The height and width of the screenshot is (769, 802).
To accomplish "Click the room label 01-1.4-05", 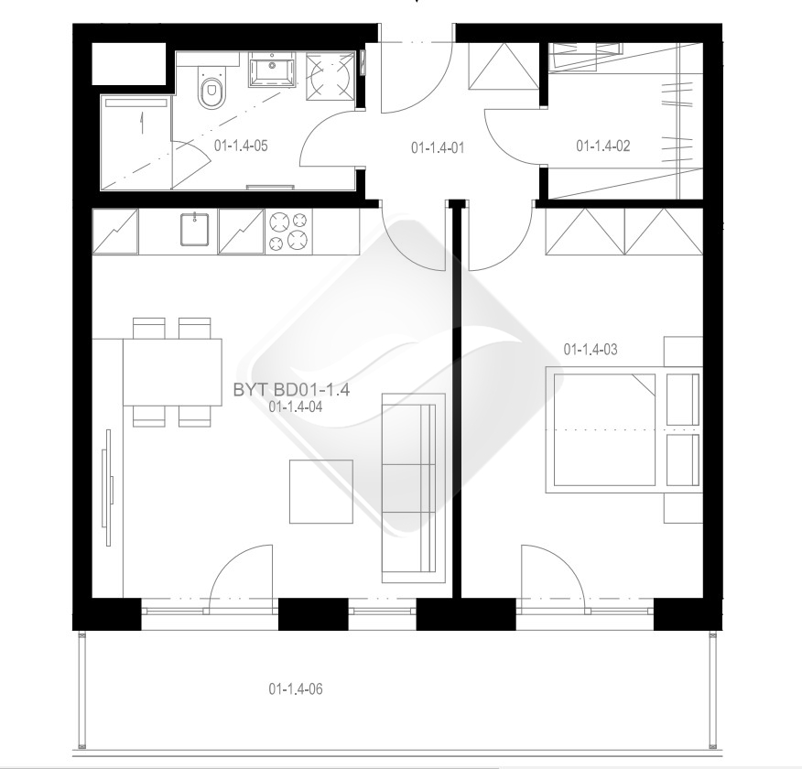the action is [241, 146].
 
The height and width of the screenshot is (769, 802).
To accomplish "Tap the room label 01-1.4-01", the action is [438, 148].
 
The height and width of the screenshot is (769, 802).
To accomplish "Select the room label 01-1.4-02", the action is [603, 146].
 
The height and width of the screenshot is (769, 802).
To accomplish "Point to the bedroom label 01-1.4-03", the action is [591, 350].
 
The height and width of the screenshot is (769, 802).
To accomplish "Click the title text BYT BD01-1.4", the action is [291, 390].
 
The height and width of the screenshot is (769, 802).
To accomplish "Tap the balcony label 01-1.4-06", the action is [296, 689].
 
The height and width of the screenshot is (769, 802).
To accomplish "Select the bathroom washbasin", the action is [272, 70].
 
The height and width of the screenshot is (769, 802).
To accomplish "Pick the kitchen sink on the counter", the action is [194, 230].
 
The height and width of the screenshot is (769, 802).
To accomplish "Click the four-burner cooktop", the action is [288, 231].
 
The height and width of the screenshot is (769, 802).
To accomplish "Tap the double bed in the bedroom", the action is [623, 430].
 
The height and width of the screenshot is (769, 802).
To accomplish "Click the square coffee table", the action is [321, 492].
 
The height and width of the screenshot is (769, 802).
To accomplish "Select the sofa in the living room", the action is [414, 488].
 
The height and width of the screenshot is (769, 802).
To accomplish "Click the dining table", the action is [172, 373].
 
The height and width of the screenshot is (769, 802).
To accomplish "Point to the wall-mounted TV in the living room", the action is [108, 487].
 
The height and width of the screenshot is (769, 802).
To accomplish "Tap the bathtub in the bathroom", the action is [135, 142].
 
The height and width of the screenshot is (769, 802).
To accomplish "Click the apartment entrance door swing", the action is [417, 77].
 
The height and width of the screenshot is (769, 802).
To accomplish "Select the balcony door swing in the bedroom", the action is [552, 571].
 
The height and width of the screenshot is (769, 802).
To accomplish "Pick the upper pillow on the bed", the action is [683, 399].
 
